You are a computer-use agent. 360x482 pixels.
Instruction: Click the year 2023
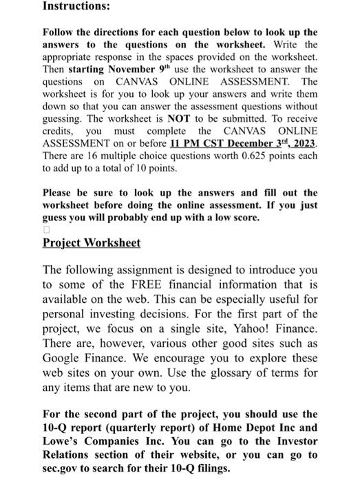click(x=303, y=143)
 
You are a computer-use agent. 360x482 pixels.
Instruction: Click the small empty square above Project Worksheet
click(x=46, y=229)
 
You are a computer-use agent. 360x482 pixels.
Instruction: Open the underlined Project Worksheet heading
click(x=92, y=243)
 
